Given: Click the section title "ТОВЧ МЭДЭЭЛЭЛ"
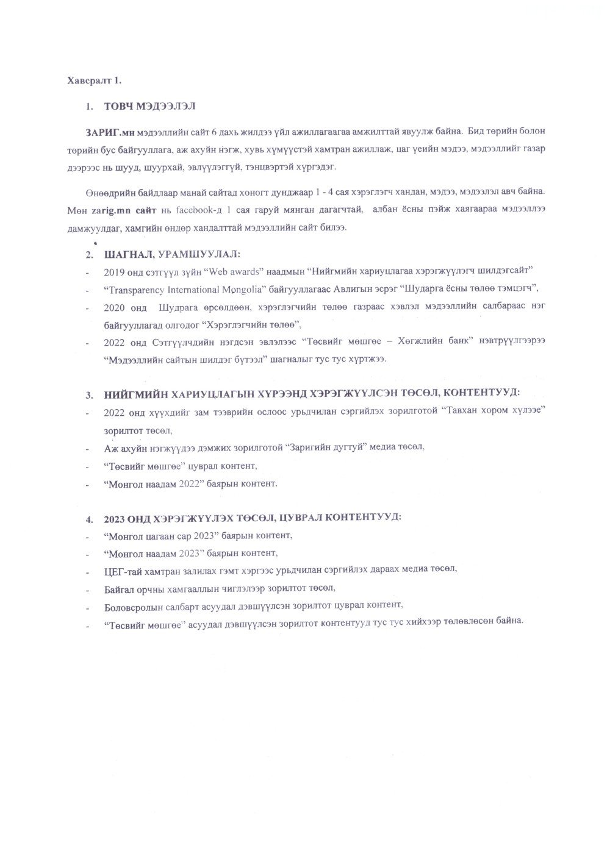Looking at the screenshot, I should pyautogui.click(x=149, y=106).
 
